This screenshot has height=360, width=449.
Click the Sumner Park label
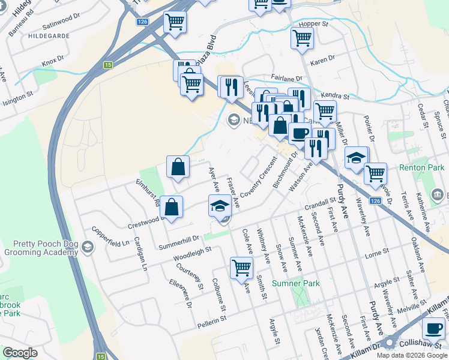(295, 283)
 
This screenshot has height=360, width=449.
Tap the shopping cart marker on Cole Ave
(241, 268)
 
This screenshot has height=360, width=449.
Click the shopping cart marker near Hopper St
(302, 38)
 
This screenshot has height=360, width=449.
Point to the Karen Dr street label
(321, 62)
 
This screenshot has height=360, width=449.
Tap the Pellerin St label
(213, 324)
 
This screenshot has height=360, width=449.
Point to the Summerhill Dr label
(179, 242)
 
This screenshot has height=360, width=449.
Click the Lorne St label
(377, 255)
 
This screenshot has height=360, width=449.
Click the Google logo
(20, 353)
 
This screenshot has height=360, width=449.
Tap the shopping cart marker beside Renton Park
(375, 174)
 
